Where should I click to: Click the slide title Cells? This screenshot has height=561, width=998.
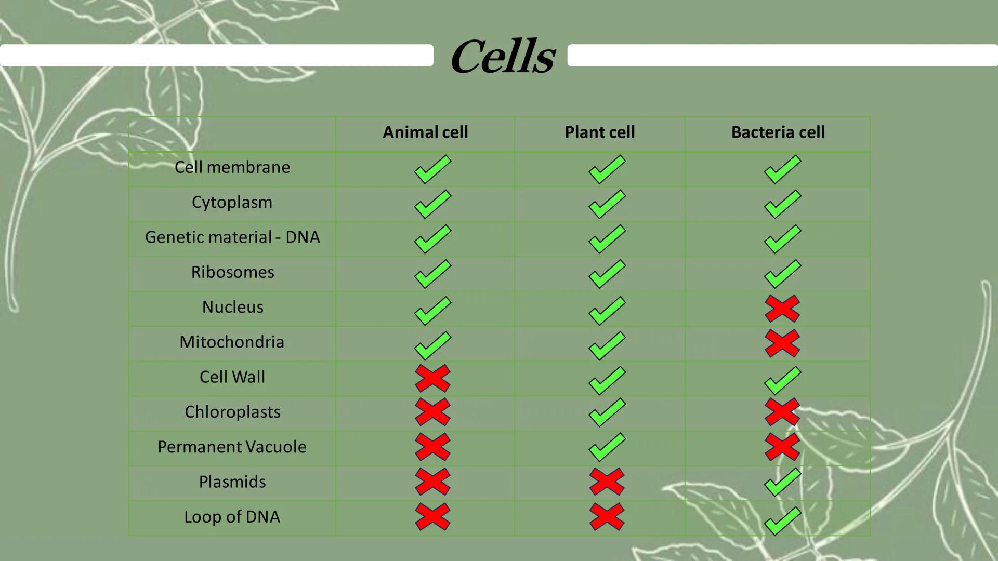point(503,56)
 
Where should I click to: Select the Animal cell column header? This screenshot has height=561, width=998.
point(425,132)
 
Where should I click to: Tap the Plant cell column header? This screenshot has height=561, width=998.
point(600,132)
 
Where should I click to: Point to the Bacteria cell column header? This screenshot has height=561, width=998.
point(778,132)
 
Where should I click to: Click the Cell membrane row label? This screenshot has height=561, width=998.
point(232,167)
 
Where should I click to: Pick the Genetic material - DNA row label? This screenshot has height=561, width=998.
point(232,237)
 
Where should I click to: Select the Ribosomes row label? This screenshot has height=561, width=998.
point(232,272)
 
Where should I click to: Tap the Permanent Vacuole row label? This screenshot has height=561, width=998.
point(232,447)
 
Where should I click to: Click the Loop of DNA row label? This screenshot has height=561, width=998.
point(232,517)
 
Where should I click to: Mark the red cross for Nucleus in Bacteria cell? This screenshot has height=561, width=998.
point(782,309)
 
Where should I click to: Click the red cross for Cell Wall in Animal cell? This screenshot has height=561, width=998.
point(432,378)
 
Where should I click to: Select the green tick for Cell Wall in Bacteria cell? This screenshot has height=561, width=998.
point(782,380)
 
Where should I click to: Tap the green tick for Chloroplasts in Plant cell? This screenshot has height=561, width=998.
point(607,412)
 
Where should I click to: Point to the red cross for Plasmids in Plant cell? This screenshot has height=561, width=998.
point(607,482)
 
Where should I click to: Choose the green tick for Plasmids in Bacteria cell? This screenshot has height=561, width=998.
point(782,482)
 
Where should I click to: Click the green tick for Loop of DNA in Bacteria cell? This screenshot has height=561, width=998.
point(782,521)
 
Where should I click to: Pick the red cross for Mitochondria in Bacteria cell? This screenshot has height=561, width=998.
point(782,343)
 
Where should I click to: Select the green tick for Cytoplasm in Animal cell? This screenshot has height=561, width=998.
point(432,204)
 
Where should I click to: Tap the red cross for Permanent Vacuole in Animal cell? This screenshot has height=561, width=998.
point(432,447)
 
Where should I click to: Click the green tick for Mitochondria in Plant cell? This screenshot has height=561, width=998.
point(607,345)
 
